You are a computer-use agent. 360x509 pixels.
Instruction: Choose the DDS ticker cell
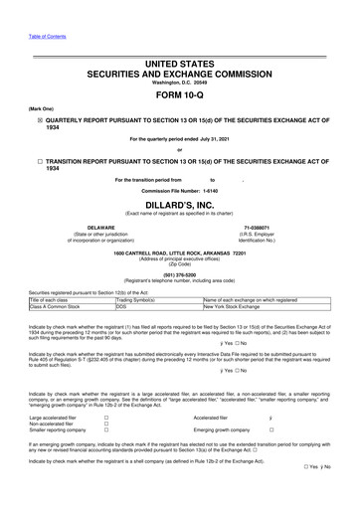[x=121, y=307]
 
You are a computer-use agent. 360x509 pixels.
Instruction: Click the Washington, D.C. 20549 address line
[x=180, y=82]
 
